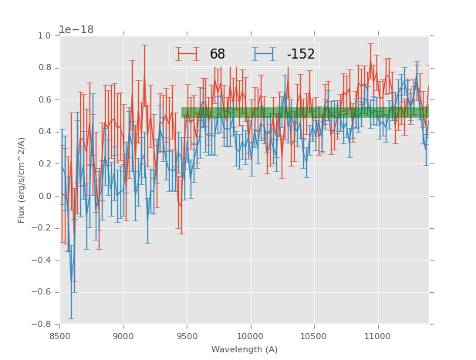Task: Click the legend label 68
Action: coord(218,54)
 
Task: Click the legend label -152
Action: coord(301,54)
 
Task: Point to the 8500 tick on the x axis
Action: coord(60,336)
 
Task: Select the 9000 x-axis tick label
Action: coord(123,336)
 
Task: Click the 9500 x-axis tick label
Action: coord(187,336)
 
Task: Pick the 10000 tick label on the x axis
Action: coord(251,336)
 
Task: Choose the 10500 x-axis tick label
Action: coord(314,336)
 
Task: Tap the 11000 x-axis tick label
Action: coord(377,336)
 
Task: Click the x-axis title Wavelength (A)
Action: coord(245,350)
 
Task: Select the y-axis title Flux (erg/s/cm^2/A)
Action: coord(22,180)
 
